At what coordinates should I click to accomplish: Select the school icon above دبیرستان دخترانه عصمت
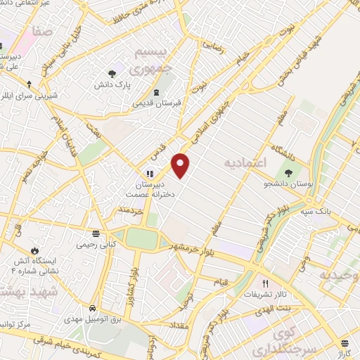tap(150, 173)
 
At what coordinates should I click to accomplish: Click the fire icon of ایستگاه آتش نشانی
tap(34, 249)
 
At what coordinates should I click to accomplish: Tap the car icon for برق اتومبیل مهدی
tap(93, 308)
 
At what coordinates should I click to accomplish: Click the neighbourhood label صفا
tap(42, 31)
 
